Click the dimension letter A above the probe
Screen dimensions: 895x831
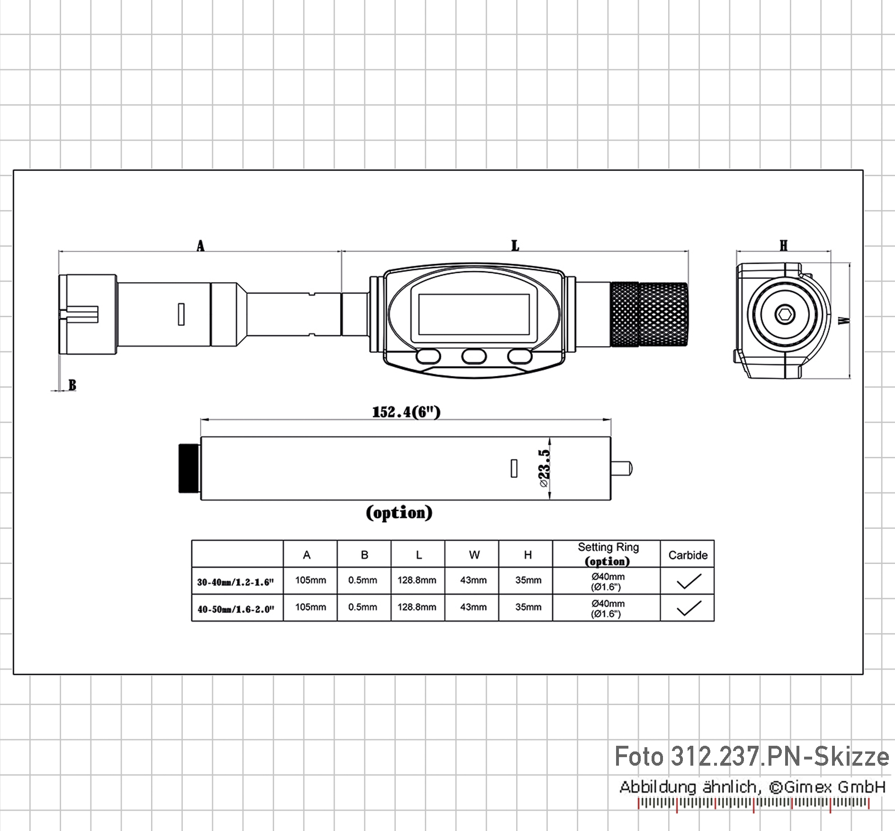(x=200, y=246)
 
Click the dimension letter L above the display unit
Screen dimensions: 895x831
(x=515, y=246)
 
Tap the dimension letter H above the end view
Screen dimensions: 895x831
(x=784, y=246)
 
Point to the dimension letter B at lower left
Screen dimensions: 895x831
(x=72, y=385)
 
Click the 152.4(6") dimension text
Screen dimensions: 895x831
(x=406, y=412)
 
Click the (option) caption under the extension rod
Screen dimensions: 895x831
(x=399, y=512)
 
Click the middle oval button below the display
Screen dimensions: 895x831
(x=474, y=356)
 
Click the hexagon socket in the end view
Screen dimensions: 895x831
(x=785, y=314)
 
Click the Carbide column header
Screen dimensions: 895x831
(x=688, y=555)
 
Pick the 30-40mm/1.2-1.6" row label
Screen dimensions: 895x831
(x=236, y=582)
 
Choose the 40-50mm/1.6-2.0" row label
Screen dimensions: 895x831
(x=236, y=609)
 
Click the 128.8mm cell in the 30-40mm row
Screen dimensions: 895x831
(x=417, y=580)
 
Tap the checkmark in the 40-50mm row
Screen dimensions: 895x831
(x=689, y=608)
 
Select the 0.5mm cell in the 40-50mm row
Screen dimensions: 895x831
(x=363, y=607)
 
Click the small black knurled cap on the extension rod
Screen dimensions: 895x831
(x=189, y=468)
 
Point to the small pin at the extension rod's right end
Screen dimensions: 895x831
(x=621, y=468)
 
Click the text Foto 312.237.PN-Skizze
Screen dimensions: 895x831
(x=752, y=757)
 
